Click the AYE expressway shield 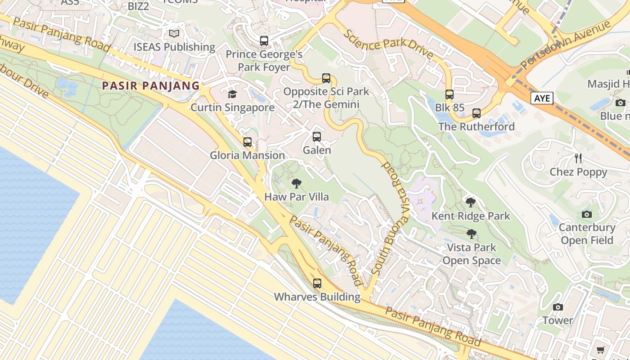coord(541,98)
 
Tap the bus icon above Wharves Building coord(317,283)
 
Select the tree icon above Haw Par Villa coord(296,184)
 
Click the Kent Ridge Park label coord(471,216)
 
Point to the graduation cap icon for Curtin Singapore coord(232,94)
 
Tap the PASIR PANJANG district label coord(151,85)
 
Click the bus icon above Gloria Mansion coord(247,142)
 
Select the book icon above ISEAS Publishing coord(174,33)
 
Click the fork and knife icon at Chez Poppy coord(578,158)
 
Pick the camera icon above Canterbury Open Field coord(587,214)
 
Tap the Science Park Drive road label coord(388,45)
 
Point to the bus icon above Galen coord(317,137)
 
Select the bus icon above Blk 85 coord(450,94)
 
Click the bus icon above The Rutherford coord(477,113)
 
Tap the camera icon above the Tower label coord(558,307)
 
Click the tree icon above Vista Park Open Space coord(471,234)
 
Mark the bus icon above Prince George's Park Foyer coord(264,41)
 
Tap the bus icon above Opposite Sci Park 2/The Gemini coord(326,78)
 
